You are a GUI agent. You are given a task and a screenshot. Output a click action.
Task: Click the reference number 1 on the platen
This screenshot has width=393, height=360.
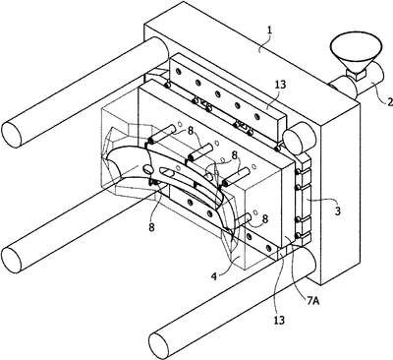269,31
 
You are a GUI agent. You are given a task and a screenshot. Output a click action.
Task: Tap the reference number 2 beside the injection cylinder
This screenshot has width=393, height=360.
389,102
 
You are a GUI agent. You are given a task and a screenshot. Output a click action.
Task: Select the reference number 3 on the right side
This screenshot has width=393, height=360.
337,210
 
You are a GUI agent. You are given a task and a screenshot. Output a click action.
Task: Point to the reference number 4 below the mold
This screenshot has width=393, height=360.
214,276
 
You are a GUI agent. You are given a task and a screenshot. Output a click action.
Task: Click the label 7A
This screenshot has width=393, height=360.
312,300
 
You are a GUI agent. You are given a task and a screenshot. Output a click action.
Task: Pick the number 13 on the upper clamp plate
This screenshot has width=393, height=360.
280,85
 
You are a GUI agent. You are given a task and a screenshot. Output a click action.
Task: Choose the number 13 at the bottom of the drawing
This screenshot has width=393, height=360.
279,320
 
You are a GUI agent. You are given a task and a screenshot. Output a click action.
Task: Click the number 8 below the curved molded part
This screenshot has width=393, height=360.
151,227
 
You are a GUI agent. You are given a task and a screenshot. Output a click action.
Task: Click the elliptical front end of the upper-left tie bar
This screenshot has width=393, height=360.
12,134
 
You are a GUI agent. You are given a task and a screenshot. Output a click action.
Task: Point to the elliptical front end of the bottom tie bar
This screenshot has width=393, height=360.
159,345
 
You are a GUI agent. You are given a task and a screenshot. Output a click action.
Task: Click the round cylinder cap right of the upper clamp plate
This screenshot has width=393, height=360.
298,141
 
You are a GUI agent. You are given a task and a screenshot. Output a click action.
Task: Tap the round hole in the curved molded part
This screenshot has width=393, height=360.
148,169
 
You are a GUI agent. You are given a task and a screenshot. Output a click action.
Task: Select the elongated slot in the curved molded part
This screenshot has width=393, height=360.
170,172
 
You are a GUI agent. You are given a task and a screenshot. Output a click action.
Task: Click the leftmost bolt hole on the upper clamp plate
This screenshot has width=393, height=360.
178,72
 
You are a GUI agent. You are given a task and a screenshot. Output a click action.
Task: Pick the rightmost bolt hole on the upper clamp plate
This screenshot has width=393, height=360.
257,116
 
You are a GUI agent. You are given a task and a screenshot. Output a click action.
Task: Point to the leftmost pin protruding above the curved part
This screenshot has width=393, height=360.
161,134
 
